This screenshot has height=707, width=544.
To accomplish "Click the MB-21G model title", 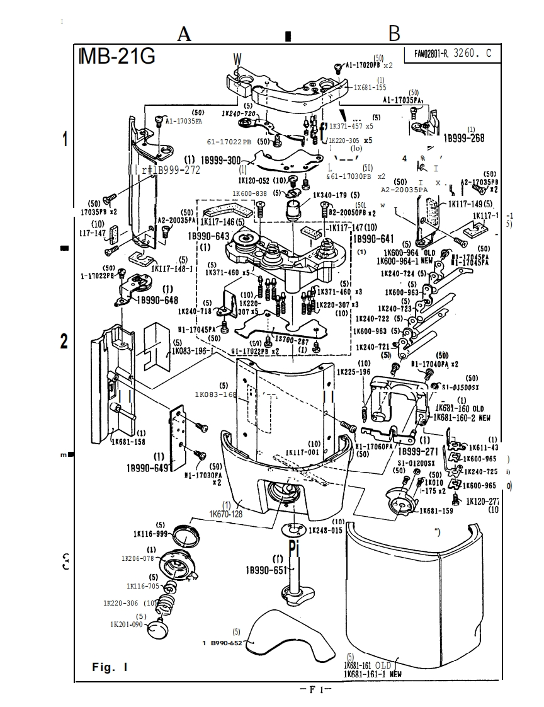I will (118, 56).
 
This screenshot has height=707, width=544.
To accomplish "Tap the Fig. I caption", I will (110, 667).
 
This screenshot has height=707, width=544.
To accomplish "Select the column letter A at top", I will (184, 34).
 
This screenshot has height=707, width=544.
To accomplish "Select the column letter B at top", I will (394, 33).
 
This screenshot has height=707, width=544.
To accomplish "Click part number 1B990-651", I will (266, 570).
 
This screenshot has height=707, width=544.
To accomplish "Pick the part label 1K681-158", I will (129, 441).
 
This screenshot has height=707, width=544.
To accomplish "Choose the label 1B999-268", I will (464, 138).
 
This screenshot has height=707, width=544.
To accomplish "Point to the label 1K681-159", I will (436, 510).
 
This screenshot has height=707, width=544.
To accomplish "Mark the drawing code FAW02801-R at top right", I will (431, 54).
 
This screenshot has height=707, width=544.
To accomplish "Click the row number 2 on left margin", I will (64, 342).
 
